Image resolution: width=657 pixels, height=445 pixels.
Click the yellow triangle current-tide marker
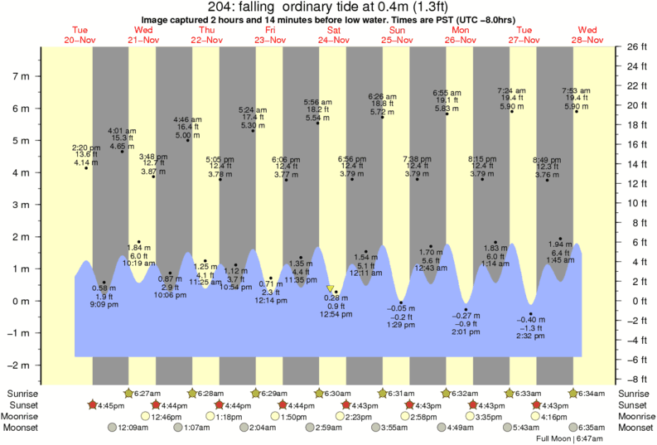[x=330, y=288]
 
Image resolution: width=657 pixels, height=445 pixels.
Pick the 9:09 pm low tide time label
[x=104, y=305]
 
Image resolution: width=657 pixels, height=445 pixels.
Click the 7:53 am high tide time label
[x=576, y=90]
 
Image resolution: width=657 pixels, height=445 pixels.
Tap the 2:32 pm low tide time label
[x=531, y=336]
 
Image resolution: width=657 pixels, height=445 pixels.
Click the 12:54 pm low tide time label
[x=336, y=315]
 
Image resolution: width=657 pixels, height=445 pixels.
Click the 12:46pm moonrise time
[x=167, y=416]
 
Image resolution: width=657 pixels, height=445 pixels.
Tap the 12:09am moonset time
[x=133, y=428]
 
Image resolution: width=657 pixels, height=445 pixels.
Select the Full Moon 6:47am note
[x=569, y=438]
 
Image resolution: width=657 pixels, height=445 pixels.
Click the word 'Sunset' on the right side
[x=634, y=404]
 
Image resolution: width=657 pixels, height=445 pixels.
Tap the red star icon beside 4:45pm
[x=95, y=404]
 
